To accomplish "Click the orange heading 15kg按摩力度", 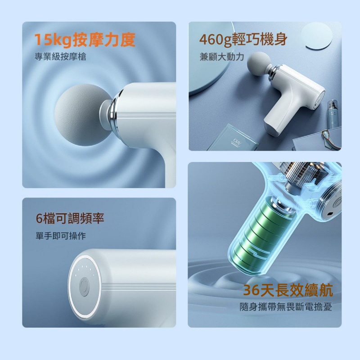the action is click(x=85, y=40).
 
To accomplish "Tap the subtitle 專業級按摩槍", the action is click(x=60, y=57).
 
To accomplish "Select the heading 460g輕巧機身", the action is click(x=243, y=40).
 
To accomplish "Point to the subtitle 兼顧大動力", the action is click(x=221, y=57).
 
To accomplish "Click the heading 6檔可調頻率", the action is click(x=70, y=218).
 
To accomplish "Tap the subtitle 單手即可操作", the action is click(x=61, y=235).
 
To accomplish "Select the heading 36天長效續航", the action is click(x=288, y=290).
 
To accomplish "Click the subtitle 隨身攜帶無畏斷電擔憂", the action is click(x=286, y=307).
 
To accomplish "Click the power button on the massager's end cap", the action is click(x=84, y=287).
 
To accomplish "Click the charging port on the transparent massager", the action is click(x=330, y=214).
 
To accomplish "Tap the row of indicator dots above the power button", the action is click(x=85, y=269).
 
